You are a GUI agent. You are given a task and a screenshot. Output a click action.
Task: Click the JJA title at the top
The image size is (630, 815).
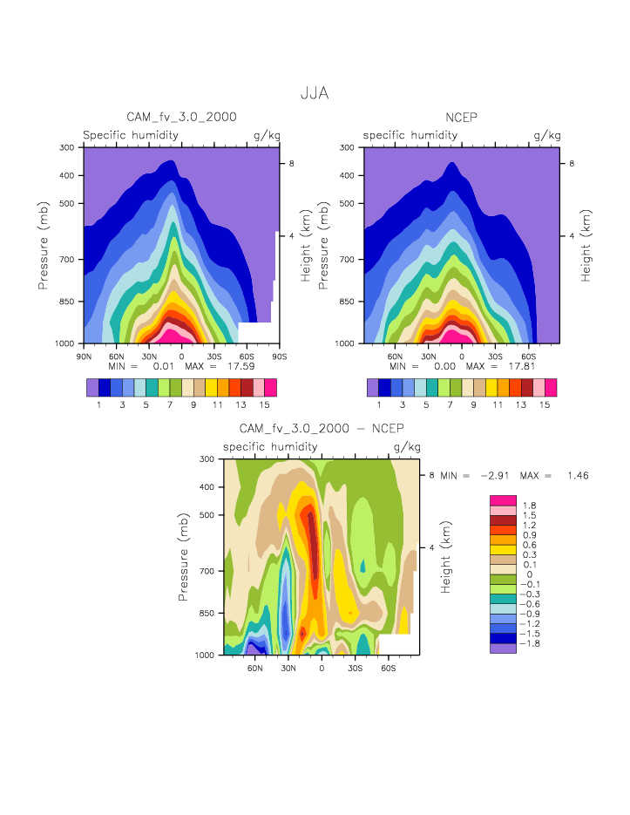point(315,93)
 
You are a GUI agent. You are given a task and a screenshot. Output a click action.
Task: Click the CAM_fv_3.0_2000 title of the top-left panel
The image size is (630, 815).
point(182,117)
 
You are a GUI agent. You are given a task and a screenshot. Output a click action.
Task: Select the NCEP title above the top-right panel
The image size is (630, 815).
point(462,117)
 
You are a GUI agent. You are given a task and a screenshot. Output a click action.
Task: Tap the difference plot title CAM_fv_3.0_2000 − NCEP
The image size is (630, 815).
point(322,428)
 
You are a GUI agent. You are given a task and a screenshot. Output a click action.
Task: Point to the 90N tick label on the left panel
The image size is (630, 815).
point(84,356)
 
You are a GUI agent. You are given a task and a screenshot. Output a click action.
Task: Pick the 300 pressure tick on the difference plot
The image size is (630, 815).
point(207,458)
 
